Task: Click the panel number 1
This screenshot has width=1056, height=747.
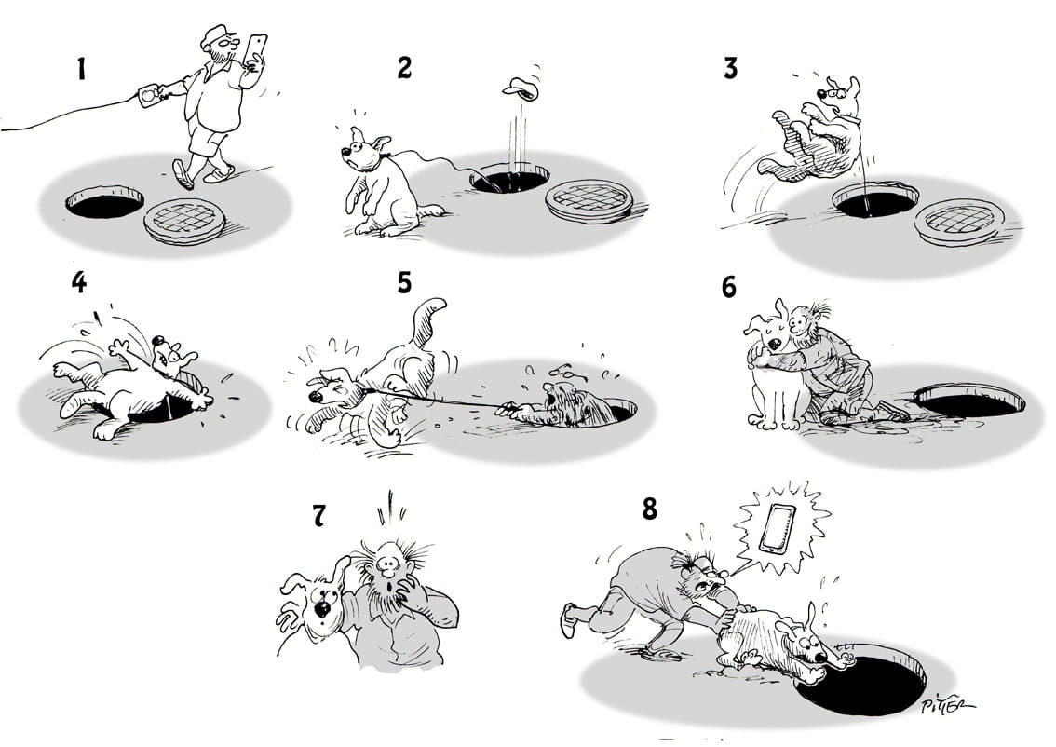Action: pos(82,69)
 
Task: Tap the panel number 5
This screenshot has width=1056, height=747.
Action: pos(404,283)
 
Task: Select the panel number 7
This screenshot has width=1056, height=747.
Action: pos(318,516)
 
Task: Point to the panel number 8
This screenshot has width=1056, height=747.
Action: pos(649,509)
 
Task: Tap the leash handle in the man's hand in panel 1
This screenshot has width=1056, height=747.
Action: pos(148,95)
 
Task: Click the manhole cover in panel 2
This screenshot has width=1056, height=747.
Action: pos(589,199)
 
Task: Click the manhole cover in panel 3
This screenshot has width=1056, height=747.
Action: pos(959,223)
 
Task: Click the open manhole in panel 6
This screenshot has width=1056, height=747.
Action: pos(969,401)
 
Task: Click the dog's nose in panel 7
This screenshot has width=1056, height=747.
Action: pos(322,609)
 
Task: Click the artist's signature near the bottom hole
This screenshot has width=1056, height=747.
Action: pos(947,704)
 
